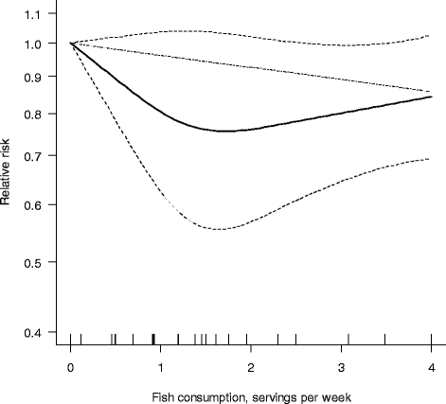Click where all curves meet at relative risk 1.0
(71, 43)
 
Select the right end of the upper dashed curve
(431, 36)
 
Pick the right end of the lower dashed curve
(431, 159)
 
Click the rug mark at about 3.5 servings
(384, 339)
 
